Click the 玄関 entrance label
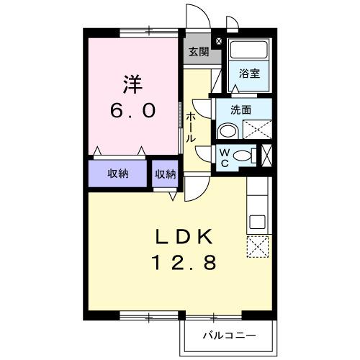tap(199, 52)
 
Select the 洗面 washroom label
tap(240, 111)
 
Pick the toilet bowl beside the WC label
tap(243, 156)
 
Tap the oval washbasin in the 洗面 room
tap(228, 130)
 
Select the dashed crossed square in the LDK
tap(256, 248)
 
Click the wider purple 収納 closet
tap(118, 174)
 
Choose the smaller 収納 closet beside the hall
tap(165, 174)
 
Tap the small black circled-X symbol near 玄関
tap(219, 42)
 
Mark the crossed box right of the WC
tap(267, 156)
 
